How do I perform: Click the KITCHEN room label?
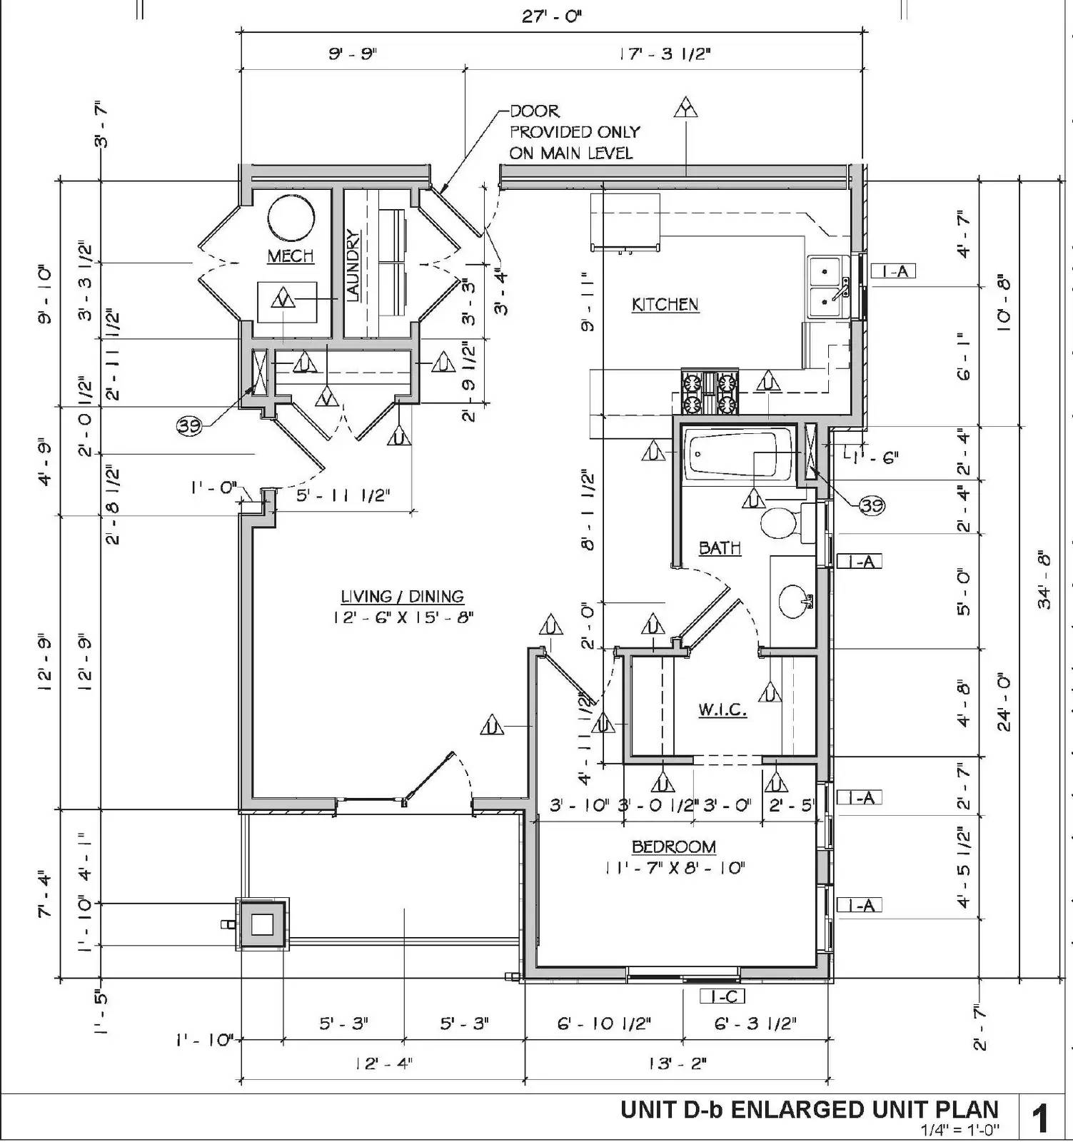pyautogui.click(x=665, y=305)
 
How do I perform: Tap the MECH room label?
pyautogui.click(x=291, y=256)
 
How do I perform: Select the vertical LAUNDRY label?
pyautogui.click(x=353, y=266)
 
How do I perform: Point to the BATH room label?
pyautogui.click(x=719, y=548)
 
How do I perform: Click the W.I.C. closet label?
pyautogui.click(x=722, y=709)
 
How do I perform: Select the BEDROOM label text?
pyautogui.click(x=673, y=847)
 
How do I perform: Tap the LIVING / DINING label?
pyautogui.click(x=402, y=597)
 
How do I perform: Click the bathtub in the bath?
pyautogui.click(x=737, y=454)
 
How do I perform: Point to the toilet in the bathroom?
pyautogui.click(x=782, y=522)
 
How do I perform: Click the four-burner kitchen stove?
pyautogui.click(x=710, y=393)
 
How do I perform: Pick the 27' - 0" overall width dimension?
pyautogui.click(x=551, y=16)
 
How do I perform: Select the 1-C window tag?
pyautogui.click(x=724, y=996)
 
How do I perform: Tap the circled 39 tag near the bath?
pyautogui.click(x=871, y=506)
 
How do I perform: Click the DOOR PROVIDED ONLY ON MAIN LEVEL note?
pyautogui.click(x=573, y=132)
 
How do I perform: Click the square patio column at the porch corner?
pyautogui.click(x=261, y=924)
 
